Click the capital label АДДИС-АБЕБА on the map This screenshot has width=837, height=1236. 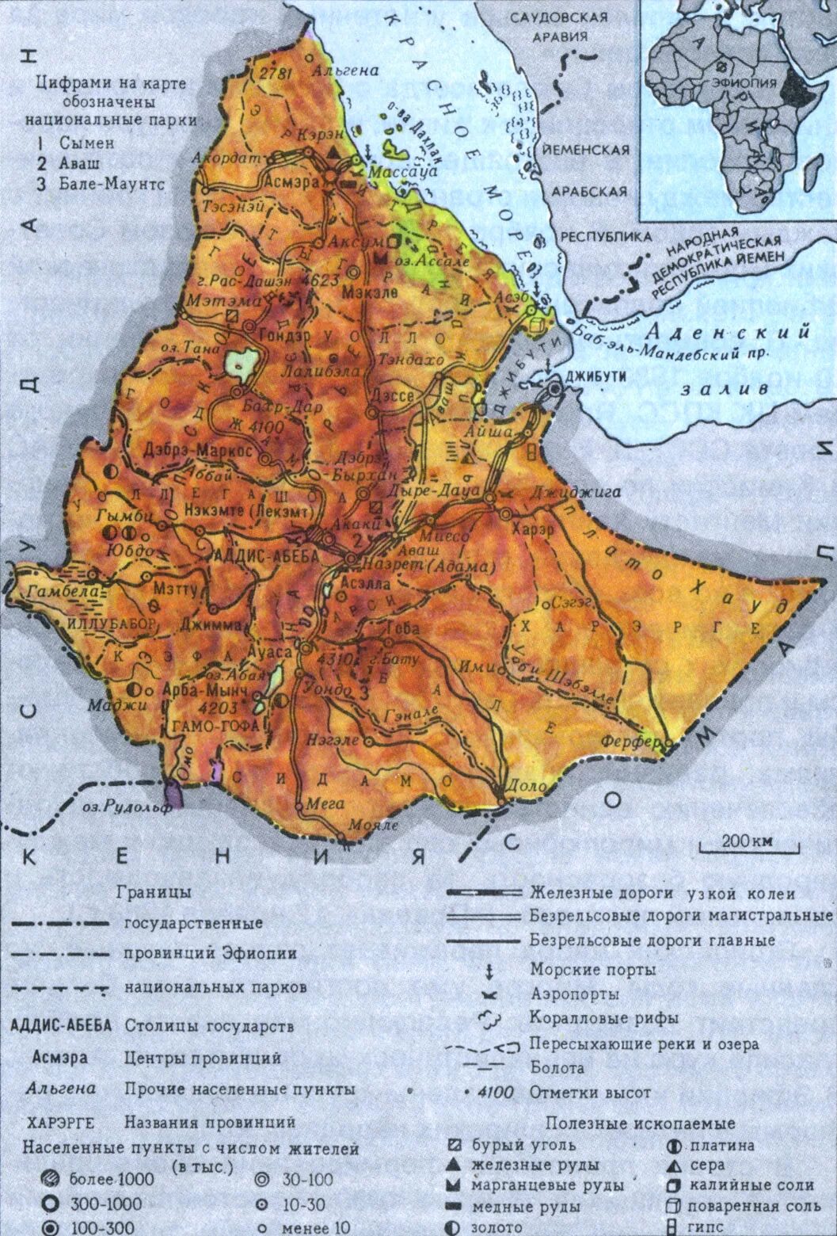coord(266,555)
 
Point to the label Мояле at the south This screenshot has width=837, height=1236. coord(375,824)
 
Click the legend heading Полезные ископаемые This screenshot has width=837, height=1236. coord(640,1123)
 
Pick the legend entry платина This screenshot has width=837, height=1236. coord(721,1145)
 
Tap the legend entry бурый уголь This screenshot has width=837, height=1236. coord(523,1145)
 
